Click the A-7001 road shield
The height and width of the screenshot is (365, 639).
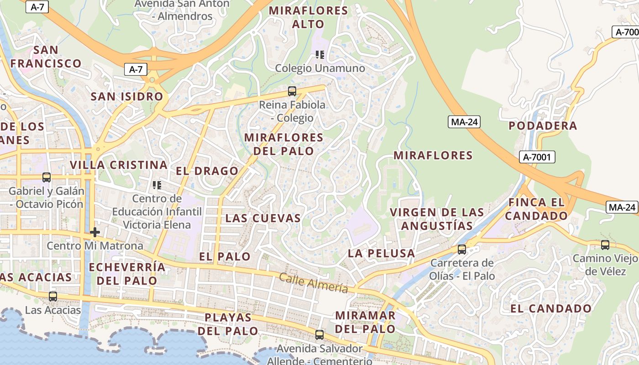(x=537, y=157)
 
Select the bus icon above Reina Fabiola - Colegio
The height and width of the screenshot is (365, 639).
(x=292, y=91)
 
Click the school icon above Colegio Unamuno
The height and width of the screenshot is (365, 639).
(x=320, y=55)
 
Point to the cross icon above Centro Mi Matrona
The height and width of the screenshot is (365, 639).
(x=95, y=232)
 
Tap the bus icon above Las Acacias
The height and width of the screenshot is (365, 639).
(x=53, y=297)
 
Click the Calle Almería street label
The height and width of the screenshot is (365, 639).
(x=313, y=283)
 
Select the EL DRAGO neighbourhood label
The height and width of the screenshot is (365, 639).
(x=207, y=171)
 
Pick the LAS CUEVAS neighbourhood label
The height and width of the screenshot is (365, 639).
(x=263, y=218)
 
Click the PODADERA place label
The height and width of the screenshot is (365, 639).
(x=543, y=125)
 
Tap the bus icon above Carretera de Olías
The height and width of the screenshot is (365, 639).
(x=462, y=250)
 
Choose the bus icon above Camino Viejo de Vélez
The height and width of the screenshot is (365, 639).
(x=605, y=245)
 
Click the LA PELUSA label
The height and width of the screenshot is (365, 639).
(x=382, y=253)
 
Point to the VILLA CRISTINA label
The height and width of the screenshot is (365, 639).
(x=119, y=165)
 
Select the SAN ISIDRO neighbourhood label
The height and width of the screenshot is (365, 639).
(x=127, y=96)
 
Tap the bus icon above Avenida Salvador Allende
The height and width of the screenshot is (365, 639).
(x=319, y=335)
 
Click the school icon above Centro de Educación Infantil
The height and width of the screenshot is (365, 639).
(x=157, y=185)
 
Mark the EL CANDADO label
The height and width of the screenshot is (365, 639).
(x=551, y=308)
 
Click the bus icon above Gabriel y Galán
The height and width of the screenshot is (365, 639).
(x=47, y=177)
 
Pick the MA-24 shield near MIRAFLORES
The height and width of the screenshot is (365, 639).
(x=464, y=122)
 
